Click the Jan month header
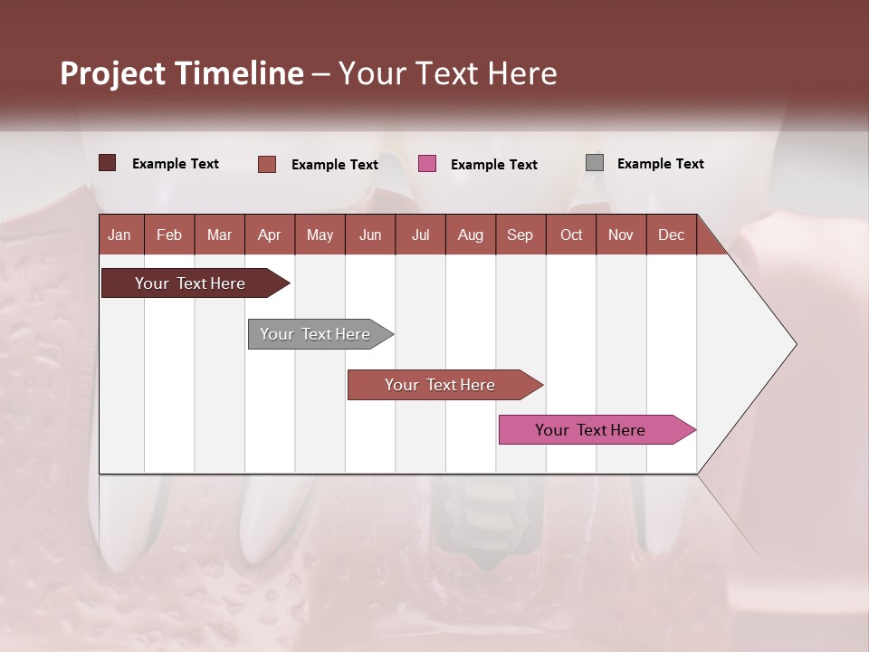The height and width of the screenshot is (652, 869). [x=119, y=235]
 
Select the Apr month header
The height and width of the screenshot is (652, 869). [x=270, y=235]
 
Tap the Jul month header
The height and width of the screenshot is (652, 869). [x=420, y=235]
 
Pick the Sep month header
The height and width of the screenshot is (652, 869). [x=520, y=235]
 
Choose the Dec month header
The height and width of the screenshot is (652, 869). [x=671, y=235]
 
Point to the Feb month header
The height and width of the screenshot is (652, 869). [x=169, y=235]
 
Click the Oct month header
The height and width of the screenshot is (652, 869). [x=571, y=235]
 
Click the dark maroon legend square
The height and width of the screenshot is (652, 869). [x=107, y=163]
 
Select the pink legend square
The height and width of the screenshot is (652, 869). [x=427, y=163]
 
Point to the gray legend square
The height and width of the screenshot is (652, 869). [x=595, y=163]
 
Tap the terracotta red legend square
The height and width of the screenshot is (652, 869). [x=267, y=164]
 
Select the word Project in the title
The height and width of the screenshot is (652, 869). [x=112, y=73]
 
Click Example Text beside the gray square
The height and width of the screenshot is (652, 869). [x=660, y=163]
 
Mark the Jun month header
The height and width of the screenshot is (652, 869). [x=370, y=235]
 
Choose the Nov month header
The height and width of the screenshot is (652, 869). [x=621, y=235]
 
